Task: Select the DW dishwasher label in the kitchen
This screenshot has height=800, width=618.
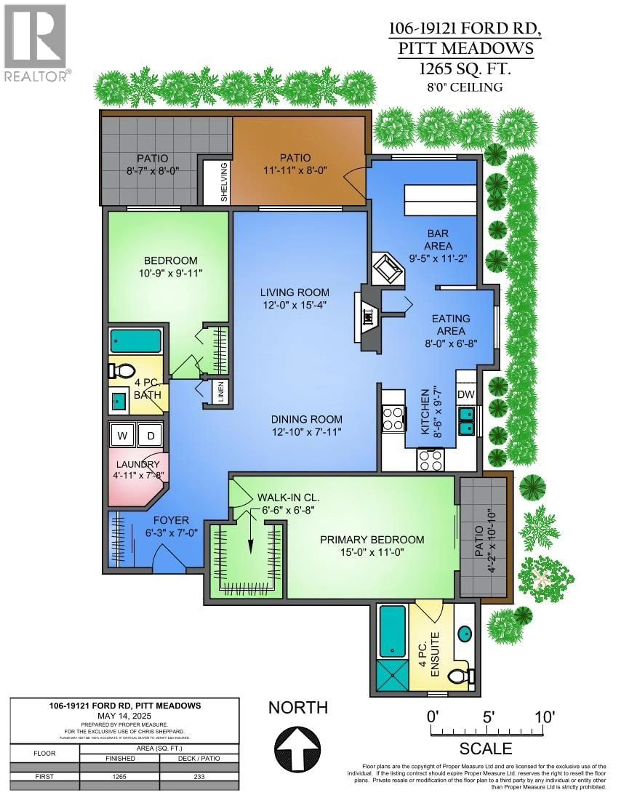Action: click(x=466, y=394)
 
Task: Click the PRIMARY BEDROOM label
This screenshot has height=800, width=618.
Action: click(x=372, y=540)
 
